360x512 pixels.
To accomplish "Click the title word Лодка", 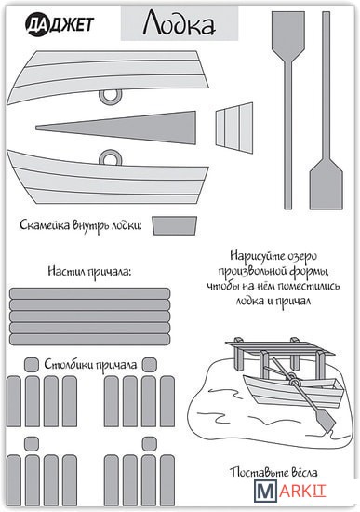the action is click(x=179, y=23).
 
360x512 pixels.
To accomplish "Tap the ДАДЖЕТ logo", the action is click(x=60, y=25).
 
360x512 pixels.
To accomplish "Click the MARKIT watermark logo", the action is click(x=290, y=491).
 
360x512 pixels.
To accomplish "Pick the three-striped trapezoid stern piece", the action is click(x=234, y=128).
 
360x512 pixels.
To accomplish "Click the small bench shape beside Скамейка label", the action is click(x=175, y=225).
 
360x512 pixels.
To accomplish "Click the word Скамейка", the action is click(x=45, y=225).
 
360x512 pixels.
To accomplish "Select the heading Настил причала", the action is click(x=89, y=272).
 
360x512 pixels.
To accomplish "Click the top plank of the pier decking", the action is click(x=89, y=293).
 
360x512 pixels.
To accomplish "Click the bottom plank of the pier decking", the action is click(x=89, y=340).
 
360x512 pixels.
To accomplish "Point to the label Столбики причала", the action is click(x=90, y=364).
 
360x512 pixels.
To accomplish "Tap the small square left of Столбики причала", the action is click(x=32, y=364).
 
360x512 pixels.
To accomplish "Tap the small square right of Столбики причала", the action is click(x=150, y=364).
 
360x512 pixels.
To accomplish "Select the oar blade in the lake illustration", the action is click(x=325, y=419).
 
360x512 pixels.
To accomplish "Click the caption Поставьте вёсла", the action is click(x=273, y=472).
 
